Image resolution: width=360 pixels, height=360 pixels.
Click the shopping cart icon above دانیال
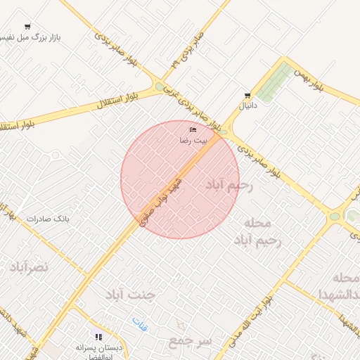coord(247,96)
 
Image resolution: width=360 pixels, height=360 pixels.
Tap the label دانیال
coord(250,106)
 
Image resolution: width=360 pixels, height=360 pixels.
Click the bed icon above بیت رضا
coord(193,130)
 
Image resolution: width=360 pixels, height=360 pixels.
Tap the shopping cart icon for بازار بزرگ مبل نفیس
coord(27,27)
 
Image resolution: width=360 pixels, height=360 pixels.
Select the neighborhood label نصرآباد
coord(29,266)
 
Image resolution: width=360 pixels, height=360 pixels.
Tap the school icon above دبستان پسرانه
coord(99,337)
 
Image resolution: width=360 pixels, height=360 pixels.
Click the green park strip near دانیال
coord(274,82)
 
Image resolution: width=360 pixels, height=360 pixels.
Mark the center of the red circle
coord(180,180)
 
